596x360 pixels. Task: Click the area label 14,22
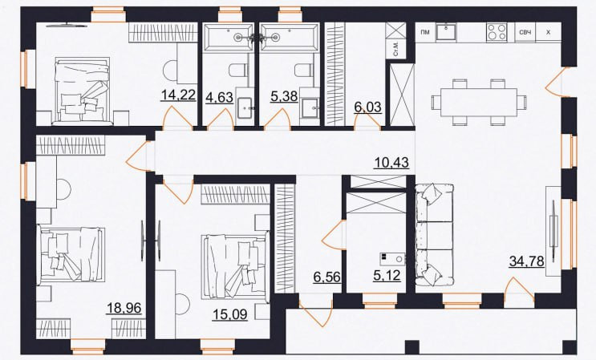pyautogui.click(x=178, y=95)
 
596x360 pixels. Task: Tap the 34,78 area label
pyautogui.click(x=526, y=261)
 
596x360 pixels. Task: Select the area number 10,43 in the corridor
pyautogui.click(x=391, y=163)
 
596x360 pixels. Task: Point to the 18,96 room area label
pyautogui.click(x=124, y=308)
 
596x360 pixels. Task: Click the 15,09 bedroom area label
pyautogui.click(x=230, y=314)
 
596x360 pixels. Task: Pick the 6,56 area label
pyautogui.click(x=327, y=277)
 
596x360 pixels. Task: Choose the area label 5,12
pyautogui.click(x=387, y=275)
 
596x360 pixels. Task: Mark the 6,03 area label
pyautogui.click(x=367, y=107)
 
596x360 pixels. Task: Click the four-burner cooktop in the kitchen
pyautogui.click(x=497, y=32)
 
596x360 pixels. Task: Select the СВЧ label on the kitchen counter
pyautogui.click(x=525, y=32)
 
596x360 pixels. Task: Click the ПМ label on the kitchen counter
pyautogui.click(x=425, y=32)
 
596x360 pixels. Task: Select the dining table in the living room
pyautogui.click(x=479, y=102)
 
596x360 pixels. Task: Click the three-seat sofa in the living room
pyautogui.click(x=435, y=234)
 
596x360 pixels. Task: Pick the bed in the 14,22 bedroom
pyautogui.click(x=83, y=91)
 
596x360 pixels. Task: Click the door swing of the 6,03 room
pyautogui.click(x=367, y=122)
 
